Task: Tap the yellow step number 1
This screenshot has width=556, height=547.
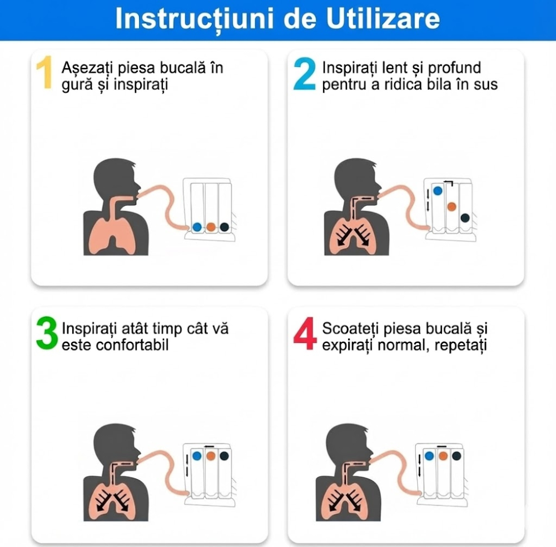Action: coord(44,75)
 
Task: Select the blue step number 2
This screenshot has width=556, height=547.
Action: coord(305,75)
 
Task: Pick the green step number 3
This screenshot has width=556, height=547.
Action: coord(47,335)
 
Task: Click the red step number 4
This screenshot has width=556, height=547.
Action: coord(305,335)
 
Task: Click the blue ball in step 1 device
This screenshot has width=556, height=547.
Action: coord(197,227)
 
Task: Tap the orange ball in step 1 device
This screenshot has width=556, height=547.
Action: coord(211,227)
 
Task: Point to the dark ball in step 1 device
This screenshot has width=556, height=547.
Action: coord(224,227)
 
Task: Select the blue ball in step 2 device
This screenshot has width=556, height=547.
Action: coord(438,190)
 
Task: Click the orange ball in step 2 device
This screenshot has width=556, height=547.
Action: coord(451,206)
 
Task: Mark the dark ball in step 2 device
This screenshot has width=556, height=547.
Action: coord(465,218)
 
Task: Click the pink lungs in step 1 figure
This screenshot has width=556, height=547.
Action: coord(115,231)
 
